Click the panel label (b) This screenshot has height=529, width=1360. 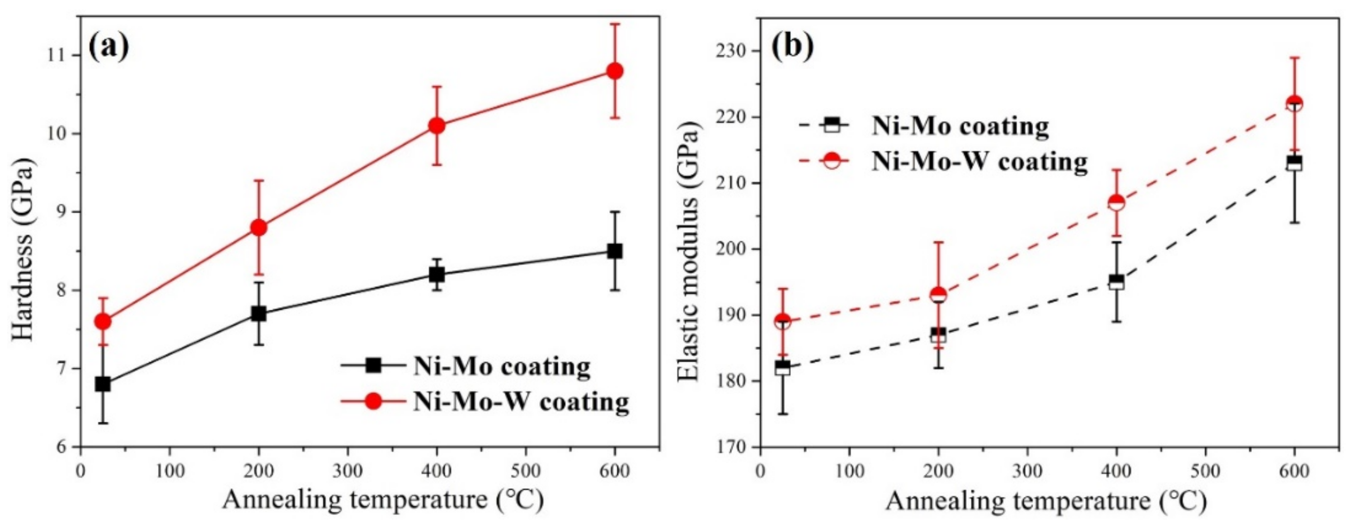tap(792, 47)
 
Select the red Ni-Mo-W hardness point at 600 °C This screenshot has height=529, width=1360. tap(615, 71)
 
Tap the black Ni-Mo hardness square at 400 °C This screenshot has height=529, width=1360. tap(437, 274)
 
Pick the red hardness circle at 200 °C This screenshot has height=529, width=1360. tap(258, 227)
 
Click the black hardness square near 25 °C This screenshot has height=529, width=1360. tap(103, 384)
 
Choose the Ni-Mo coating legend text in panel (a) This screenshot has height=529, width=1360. tap(502, 366)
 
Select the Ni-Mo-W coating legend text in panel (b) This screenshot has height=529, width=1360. tap(980, 161)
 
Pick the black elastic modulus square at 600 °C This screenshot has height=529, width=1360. tap(1294, 163)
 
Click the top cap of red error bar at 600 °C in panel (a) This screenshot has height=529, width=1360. tap(615, 24)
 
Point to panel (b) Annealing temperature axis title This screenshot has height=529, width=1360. tap(1045, 501)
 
